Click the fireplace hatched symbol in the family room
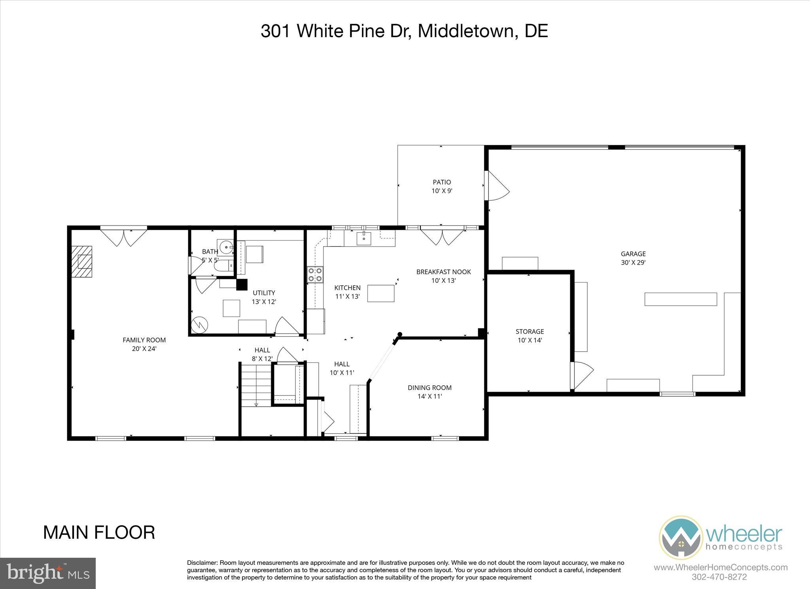coord(82,262)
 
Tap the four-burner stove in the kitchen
coord(315,275)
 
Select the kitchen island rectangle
coord(381,293)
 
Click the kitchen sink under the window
coord(364,239)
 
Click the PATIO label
coord(442,182)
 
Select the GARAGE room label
coord(633,254)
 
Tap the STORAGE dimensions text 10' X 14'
coord(530,340)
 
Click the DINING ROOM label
coord(430,388)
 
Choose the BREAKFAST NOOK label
coord(443,272)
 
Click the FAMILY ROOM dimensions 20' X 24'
coord(144,349)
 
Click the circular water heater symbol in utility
coord(199,325)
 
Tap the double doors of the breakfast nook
coord(442,237)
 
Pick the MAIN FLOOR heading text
coord(99,532)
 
